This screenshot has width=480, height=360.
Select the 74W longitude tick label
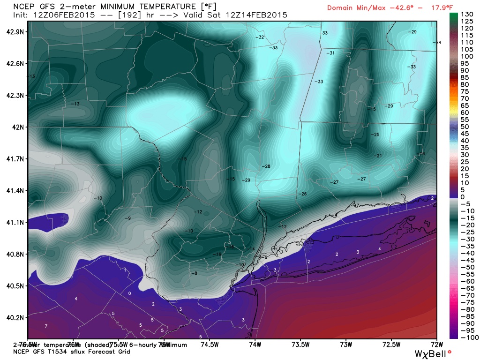pos(255,345)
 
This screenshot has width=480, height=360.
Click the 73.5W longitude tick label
pos(300,345)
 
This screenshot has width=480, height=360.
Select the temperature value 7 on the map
pos(46,326)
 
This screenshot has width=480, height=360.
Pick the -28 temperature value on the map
pos(266,166)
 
